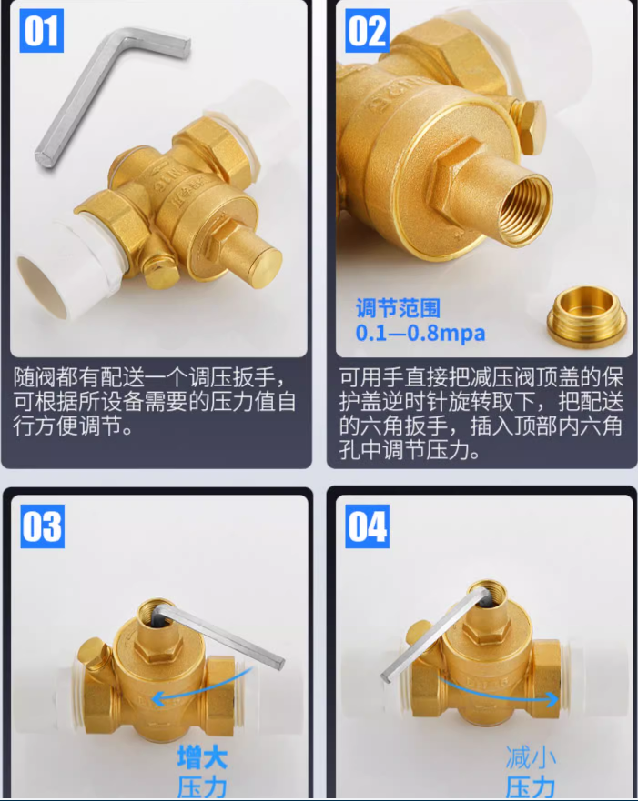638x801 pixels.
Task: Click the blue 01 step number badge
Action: [x=41, y=31]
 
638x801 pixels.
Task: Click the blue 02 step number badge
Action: [x=367, y=31]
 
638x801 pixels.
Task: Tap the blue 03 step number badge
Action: [x=43, y=526]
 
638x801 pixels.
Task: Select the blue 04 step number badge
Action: [x=367, y=526]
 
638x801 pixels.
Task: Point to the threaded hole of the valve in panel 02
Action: [x=524, y=209]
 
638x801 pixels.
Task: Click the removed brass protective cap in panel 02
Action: [x=586, y=316]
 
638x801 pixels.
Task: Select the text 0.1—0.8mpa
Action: [x=420, y=333]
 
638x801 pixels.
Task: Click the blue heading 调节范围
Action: [x=398, y=308]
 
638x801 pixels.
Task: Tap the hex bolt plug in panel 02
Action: [x=531, y=125]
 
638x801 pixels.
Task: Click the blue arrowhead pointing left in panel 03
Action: [x=157, y=698]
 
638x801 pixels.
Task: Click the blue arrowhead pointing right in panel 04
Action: [x=552, y=699]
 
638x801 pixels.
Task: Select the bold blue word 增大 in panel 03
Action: [x=202, y=757]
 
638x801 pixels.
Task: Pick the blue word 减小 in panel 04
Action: [x=531, y=757]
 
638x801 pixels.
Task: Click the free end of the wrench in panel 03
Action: [x=279, y=663]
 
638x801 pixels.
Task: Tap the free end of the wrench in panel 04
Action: [x=386, y=676]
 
